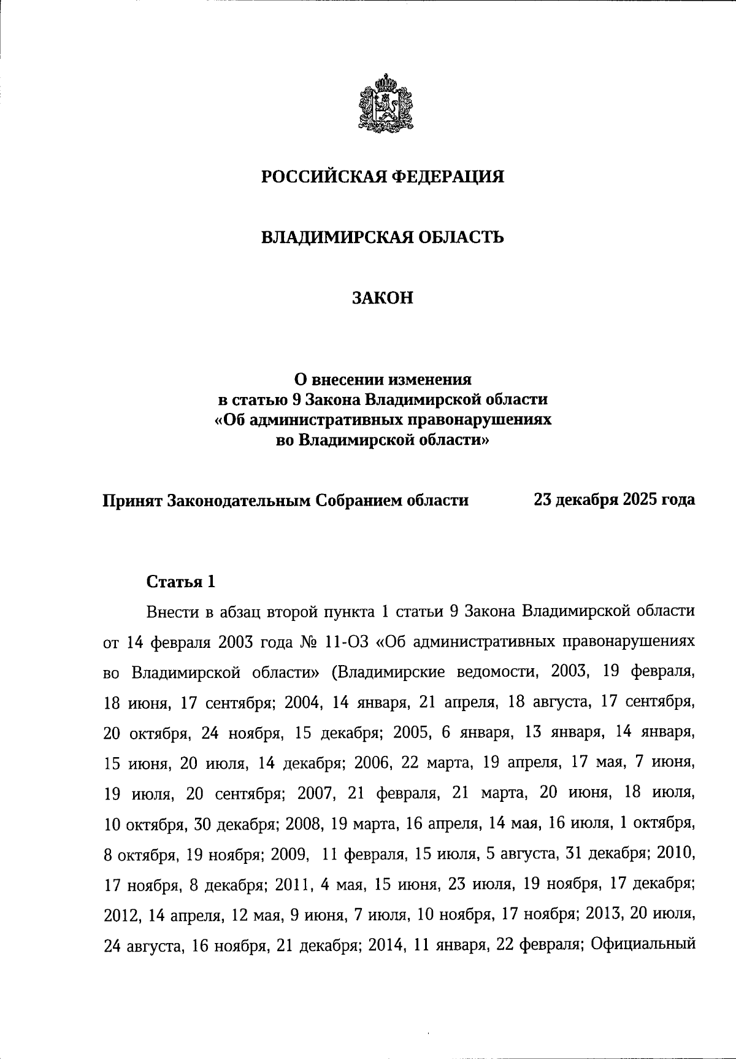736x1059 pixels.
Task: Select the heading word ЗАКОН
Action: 383,298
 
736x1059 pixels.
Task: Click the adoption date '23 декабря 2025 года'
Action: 614,500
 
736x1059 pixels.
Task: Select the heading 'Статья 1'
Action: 181,582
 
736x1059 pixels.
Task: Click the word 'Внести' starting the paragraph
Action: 169,612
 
